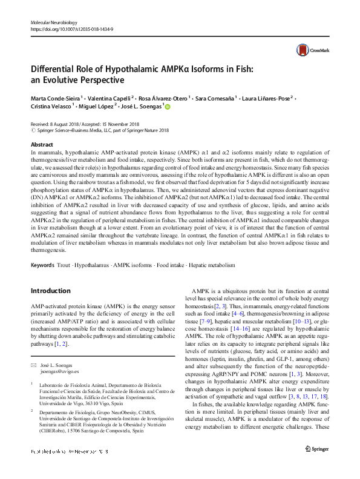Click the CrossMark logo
pyautogui.click(x=307, y=50)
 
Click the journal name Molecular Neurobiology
pyautogui.click(x=53, y=22)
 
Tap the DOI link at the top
pyautogui.click(x=67, y=29)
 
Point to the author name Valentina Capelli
pyautogui.click(x=110, y=97)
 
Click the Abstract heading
pyautogui.click(x=42, y=145)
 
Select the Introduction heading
pyautogui.click(x=50, y=291)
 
